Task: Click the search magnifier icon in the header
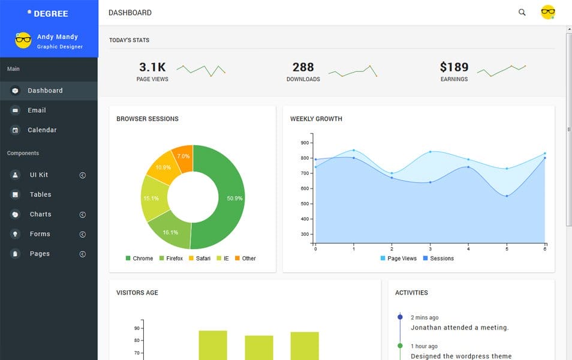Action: point(522,12)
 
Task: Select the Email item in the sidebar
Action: point(37,110)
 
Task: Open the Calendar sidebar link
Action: point(42,130)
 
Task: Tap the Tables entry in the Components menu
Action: point(40,194)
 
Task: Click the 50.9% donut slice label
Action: point(235,199)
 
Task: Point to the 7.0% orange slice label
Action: point(183,156)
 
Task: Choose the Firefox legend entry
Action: point(174,259)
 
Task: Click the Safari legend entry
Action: point(203,259)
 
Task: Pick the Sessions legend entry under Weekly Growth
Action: point(442,259)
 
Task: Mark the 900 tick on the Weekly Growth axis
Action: point(305,143)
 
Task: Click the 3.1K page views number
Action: point(152,67)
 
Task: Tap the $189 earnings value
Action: point(454,67)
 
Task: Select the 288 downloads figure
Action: point(303,67)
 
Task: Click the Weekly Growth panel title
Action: point(316,119)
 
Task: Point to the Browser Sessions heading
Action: point(147,119)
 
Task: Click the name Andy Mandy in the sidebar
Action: point(58,37)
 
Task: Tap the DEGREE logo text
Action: point(51,13)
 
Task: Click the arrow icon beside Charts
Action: point(83,215)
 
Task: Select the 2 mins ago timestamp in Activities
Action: point(425,317)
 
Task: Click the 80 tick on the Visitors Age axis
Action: point(137,340)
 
